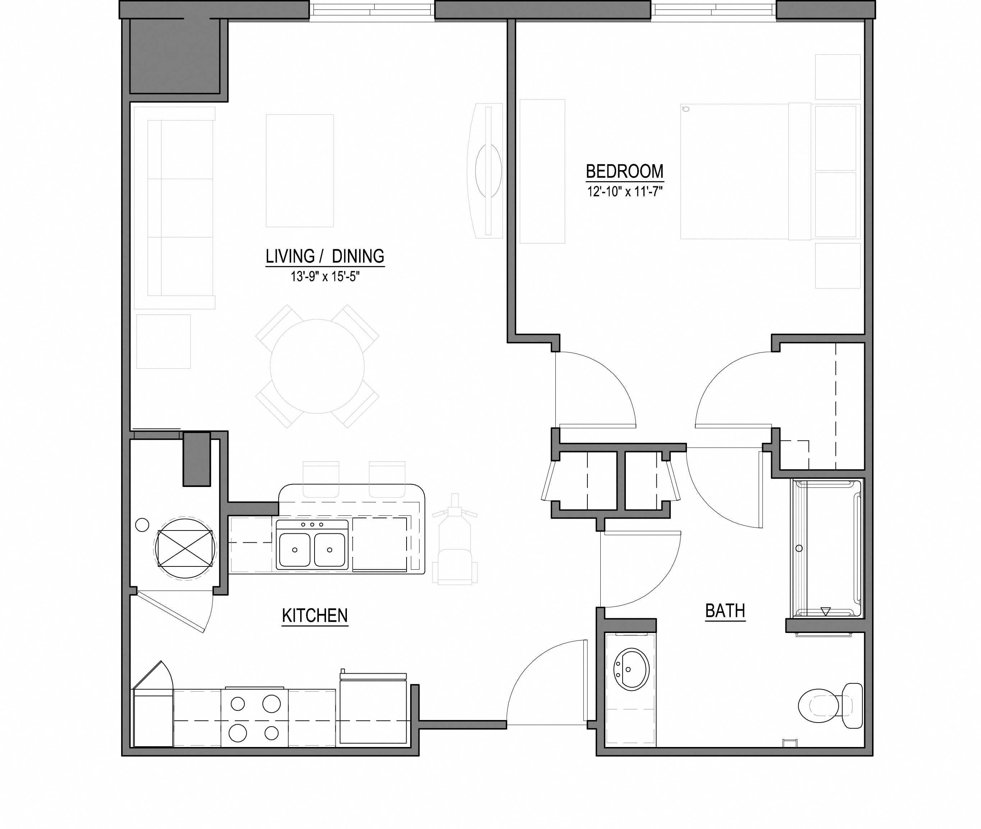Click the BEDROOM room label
click(x=624, y=171)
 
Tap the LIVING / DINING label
click(x=325, y=256)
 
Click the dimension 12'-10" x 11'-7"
click(x=624, y=192)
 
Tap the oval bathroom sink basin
click(x=631, y=670)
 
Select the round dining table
click(x=317, y=366)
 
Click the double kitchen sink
click(x=312, y=545)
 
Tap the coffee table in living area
click(x=299, y=170)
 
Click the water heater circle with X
click(x=185, y=548)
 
